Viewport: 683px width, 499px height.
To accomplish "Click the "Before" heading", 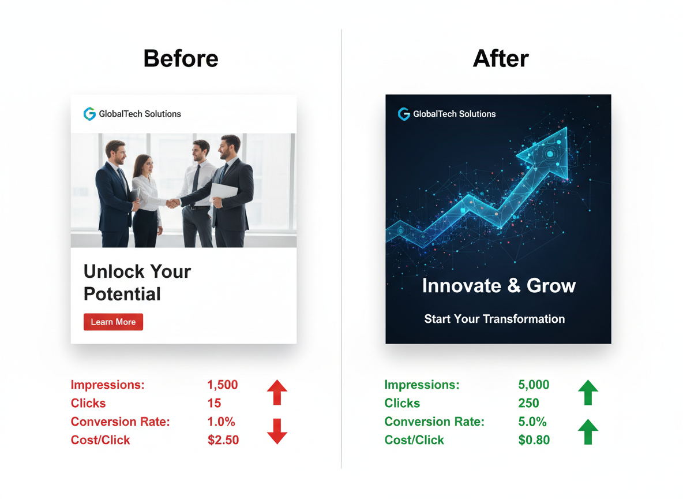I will (181, 59).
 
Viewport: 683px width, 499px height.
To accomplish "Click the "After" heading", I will (501, 59).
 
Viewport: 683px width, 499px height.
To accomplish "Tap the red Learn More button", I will (113, 322).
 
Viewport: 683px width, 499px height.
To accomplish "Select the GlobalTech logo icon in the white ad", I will (89, 114).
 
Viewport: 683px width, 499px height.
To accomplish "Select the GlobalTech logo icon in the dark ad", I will (404, 114).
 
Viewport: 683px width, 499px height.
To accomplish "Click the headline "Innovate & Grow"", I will (498, 286).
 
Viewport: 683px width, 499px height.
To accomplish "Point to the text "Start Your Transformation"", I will (494, 319).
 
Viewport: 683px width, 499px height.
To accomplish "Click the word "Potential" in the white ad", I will (122, 294).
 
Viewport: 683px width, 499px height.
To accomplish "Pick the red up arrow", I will (277, 393).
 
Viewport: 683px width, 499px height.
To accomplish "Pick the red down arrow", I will (277, 431).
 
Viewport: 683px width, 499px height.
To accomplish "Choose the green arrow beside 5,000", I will (588, 393).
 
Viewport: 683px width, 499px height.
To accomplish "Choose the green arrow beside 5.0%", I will (588, 431).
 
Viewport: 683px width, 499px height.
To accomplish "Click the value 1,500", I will (223, 385).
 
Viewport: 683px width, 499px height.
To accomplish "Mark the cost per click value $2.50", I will (223, 440).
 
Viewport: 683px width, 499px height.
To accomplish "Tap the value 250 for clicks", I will (529, 403).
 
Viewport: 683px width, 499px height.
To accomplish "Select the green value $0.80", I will (534, 440).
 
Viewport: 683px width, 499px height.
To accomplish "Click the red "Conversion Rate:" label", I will (120, 422).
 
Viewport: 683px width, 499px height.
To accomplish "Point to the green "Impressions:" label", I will (422, 385).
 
